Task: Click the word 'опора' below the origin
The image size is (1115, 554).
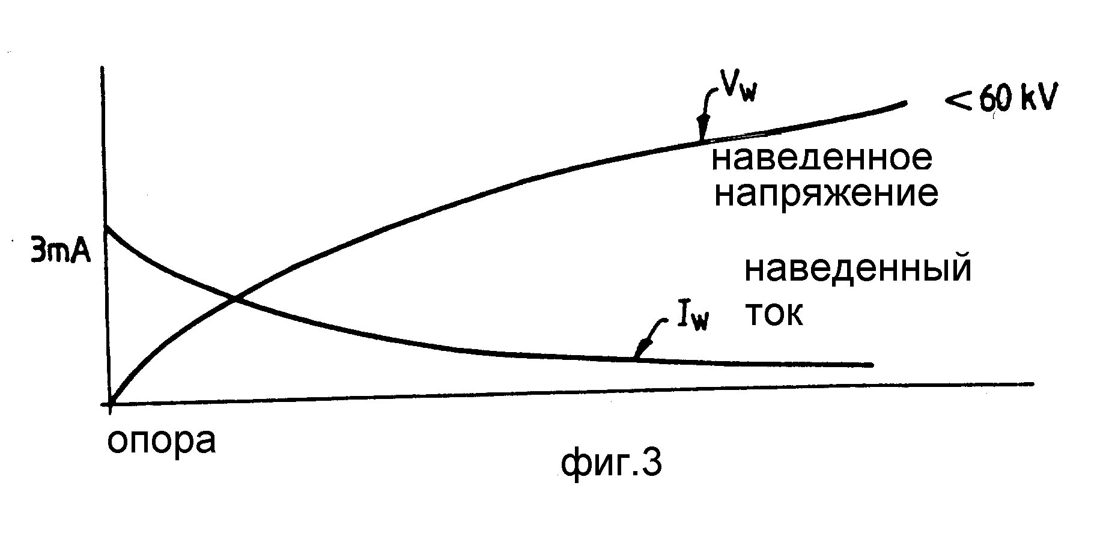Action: pyautogui.click(x=161, y=441)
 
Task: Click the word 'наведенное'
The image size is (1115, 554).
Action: pyautogui.click(x=821, y=158)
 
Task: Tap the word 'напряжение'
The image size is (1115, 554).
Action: pyautogui.click(x=825, y=194)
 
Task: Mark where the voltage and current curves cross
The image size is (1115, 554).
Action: pyautogui.click(x=234, y=299)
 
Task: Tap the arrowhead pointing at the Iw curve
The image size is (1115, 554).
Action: pyautogui.click(x=640, y=351)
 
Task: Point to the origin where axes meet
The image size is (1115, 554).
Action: pyautogui.click(x=110, y=404)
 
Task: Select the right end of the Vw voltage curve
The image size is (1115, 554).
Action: pyautogui.click(x=904, y=103)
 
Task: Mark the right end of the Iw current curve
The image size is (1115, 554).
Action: pyautogui.click(x=870, y=365)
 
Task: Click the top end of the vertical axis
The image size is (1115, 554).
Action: pyautogui.click(x=104, y=68)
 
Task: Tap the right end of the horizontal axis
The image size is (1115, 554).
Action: pyautogui.click(x=1033, y=383)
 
